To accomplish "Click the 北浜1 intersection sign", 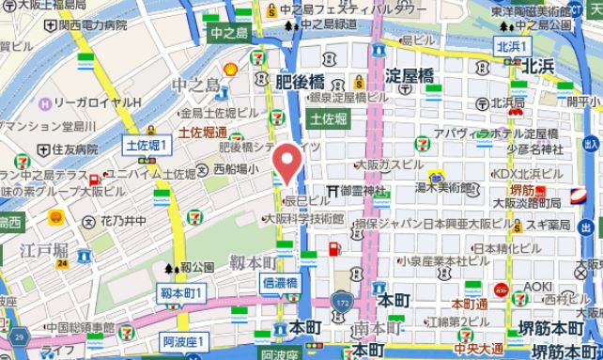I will tap(514, 46).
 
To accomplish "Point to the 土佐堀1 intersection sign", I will tap(145, 145).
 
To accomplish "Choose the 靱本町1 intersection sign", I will tap(182, 294).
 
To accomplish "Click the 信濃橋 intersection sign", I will tap(280, 283).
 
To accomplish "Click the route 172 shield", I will tap(341, 302).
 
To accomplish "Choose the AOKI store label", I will tap(537, 287).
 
